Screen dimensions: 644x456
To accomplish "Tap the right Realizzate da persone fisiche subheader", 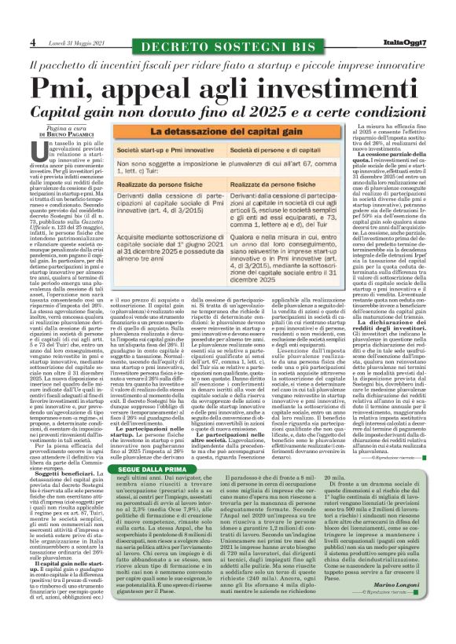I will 273,202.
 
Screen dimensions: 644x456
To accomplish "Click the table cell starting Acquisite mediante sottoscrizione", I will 168,272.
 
